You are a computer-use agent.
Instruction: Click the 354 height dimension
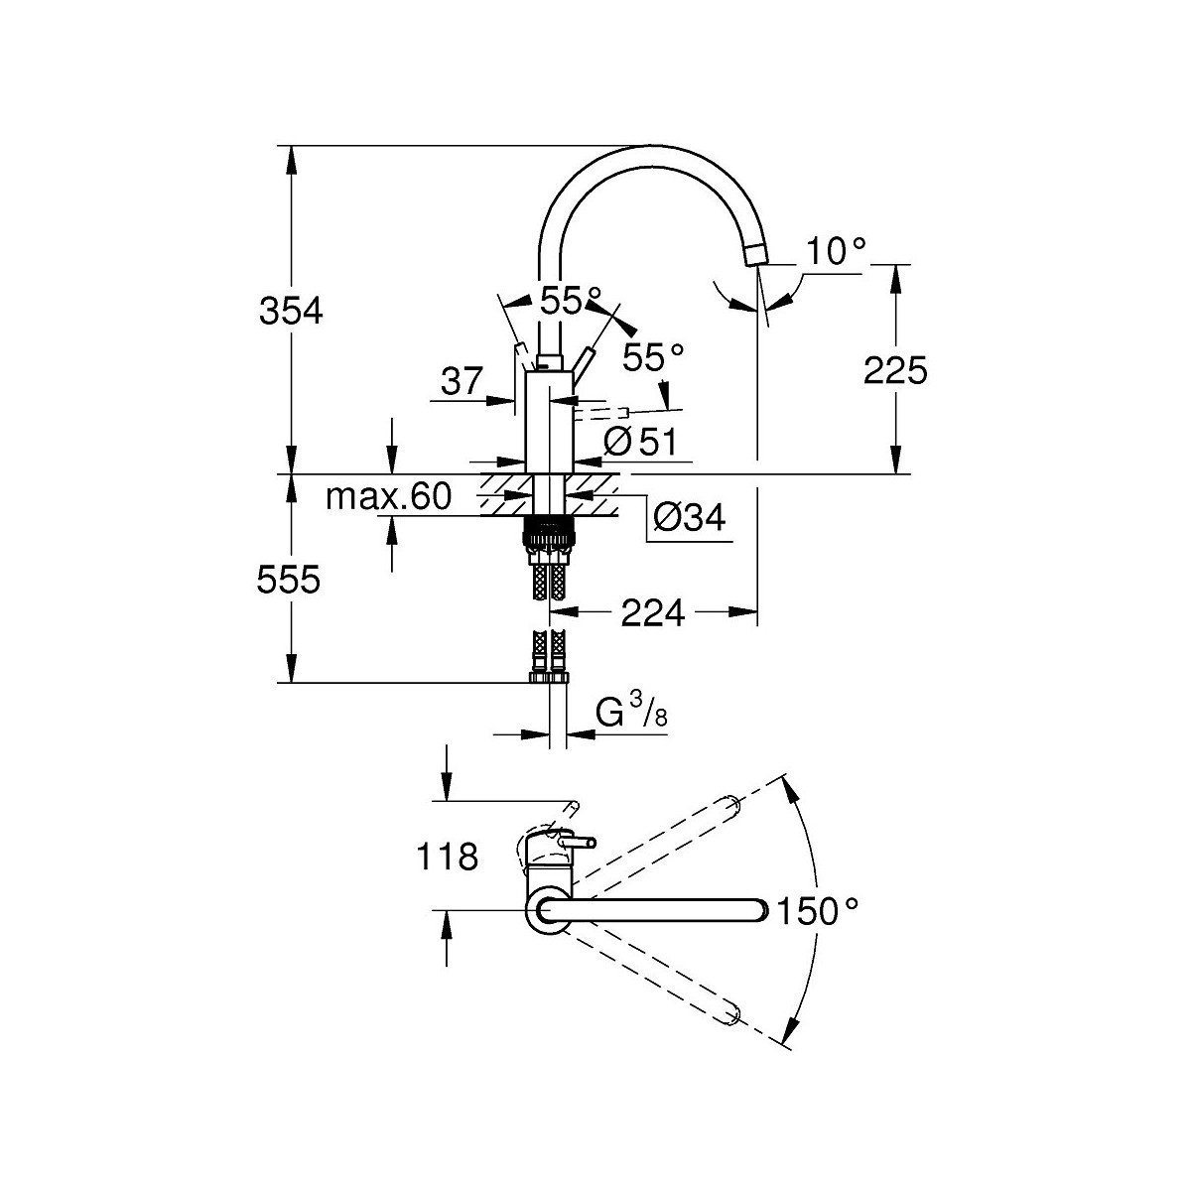(x=291, y=311)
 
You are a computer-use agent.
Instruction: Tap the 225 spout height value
(x=895, y=371)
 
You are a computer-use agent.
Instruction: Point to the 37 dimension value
(x=461, y=381)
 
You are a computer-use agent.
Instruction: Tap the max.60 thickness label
(x=388, y=496)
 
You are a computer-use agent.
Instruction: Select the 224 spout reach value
(x=653, y=614)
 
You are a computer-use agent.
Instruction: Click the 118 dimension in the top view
(x=449, y=856)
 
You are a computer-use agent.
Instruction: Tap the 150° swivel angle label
(x=816, y=910)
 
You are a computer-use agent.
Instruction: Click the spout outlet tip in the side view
(x=753, y=255)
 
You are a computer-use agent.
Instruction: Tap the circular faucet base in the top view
(x=547, y=909)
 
